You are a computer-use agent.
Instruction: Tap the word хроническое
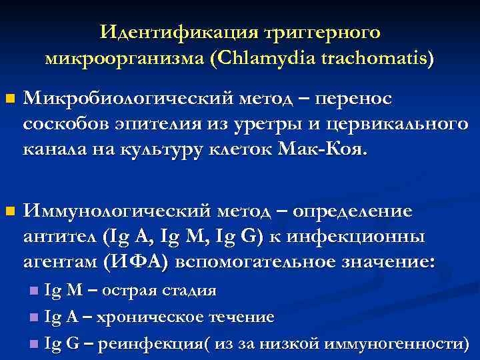point(152,317)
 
